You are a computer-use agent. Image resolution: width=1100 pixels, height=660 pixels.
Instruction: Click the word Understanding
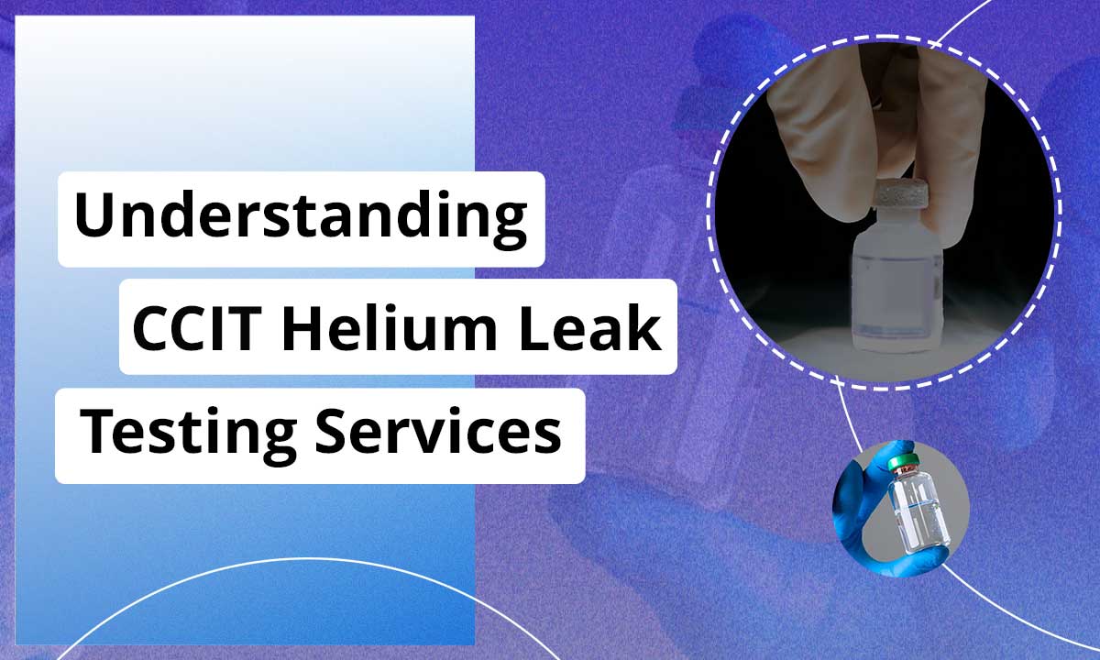pyautogui.click(x=301, y=217)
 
